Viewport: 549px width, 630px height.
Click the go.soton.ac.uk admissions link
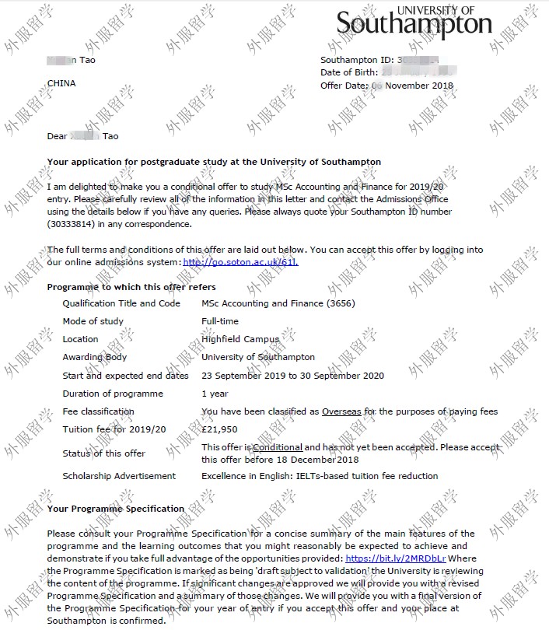(240, 262)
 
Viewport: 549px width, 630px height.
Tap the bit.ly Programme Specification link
(397, 558)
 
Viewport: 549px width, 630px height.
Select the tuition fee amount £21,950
(219, 429)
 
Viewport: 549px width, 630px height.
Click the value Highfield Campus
(240, 339)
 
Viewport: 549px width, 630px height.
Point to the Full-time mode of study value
(220, 321)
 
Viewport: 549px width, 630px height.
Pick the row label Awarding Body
(94, 357)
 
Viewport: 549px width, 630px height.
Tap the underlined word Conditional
(278, 447)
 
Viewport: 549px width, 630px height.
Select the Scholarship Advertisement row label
(119, 476)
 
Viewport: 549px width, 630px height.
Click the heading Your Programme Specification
(116, 509)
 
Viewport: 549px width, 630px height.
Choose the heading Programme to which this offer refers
(130, 287)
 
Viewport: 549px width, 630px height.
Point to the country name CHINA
(61, 83)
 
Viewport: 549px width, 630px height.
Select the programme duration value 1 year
(215, 394)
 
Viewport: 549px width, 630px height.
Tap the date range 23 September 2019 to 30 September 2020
(292, 376)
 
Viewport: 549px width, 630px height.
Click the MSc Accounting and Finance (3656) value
(278, 303)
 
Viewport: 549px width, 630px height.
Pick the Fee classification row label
(98, 411)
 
